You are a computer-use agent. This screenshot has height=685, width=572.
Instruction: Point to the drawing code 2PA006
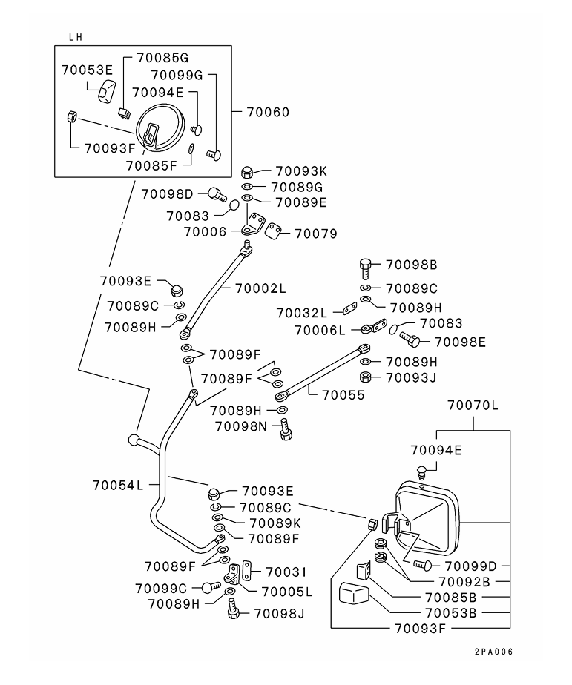coord(494,652)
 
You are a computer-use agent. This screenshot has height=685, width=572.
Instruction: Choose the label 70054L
coord(118,485)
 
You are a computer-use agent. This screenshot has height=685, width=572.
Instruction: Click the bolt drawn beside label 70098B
coord(366,266)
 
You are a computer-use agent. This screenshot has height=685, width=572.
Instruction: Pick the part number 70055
coord(343,395)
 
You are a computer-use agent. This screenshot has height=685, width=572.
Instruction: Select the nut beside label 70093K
coord(249,171)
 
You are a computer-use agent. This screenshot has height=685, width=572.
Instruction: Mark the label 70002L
coord(260,287)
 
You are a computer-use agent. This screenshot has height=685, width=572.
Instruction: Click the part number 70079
coord(315,233)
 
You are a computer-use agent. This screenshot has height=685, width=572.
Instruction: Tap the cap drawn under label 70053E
coord(106,93)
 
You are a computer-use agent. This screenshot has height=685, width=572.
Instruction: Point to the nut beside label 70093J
coord(365,377)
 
